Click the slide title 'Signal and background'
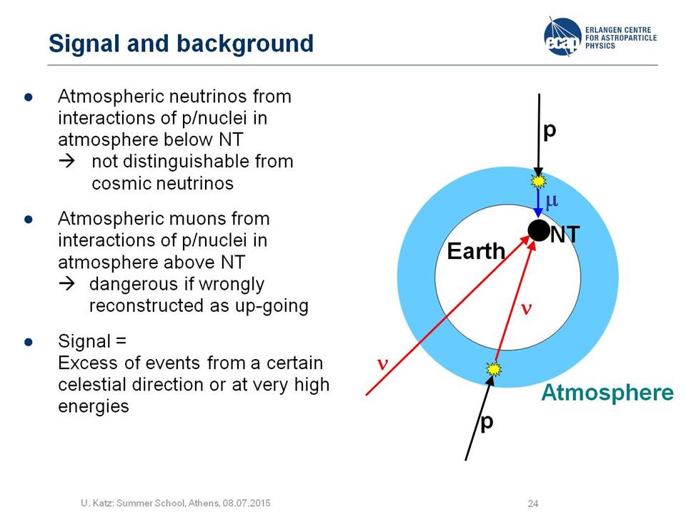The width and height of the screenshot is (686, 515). [181, 44]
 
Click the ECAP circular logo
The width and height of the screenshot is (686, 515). [562, 36]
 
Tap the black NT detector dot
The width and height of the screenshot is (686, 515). [539, 230]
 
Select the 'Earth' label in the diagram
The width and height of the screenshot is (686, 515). [476, 251]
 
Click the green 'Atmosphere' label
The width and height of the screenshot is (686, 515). [607, 393]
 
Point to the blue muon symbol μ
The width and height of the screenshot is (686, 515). [551, 200]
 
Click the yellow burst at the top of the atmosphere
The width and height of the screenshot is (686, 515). [538, 180]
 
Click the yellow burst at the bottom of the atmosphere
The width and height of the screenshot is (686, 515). [494, 369]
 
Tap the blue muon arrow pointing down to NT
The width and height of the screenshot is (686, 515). [538, 202]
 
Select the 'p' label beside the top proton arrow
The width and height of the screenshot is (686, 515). [549, 130]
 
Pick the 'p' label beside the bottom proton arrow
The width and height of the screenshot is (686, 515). [487, 423]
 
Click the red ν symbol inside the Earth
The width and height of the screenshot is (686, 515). [527, 309]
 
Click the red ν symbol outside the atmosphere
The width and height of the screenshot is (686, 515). [382, 364]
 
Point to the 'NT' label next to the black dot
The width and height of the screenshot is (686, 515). [565, 235]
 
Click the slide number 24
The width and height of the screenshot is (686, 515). [533, 504]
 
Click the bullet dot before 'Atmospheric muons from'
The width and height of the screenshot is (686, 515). [29, 219]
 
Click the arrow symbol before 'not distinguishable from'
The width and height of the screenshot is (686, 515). [67, 162]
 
